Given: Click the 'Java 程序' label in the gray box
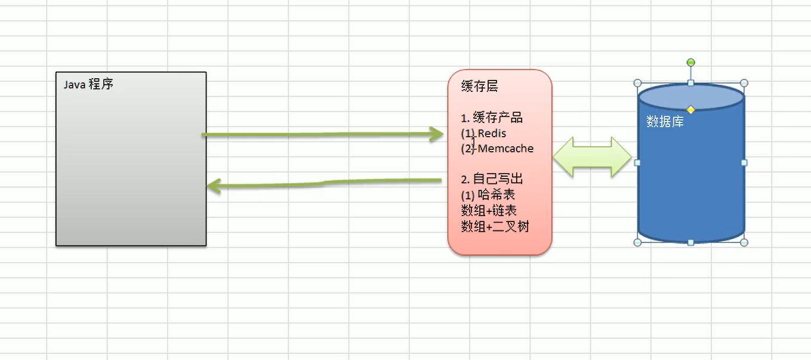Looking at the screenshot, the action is pos(88,85).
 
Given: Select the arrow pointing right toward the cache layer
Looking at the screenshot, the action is pos(322,135).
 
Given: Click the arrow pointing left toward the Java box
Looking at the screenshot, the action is pos(322,182).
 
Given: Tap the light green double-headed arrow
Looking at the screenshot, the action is pos(592,158).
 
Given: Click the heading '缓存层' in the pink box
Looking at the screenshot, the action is pos(479,87).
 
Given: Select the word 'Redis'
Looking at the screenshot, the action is pos(492,133).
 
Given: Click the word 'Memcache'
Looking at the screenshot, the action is pos(506,149).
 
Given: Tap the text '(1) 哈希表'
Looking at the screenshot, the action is pos(488,195).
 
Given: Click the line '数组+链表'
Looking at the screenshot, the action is pos(489,210).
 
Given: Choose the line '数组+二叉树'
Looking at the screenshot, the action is pos(495,226).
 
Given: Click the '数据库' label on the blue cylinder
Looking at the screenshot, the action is pos(665,122).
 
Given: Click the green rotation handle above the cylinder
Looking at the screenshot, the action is pos(690,63).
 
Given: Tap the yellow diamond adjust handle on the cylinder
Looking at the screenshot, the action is pos(690,109).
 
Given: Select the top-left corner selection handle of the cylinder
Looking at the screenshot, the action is pos(637,83).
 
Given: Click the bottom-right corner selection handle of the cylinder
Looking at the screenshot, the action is pos(744,242).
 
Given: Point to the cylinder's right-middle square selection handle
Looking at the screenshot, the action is pos(744,162).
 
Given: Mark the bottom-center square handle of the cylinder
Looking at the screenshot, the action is pos(690,242).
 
